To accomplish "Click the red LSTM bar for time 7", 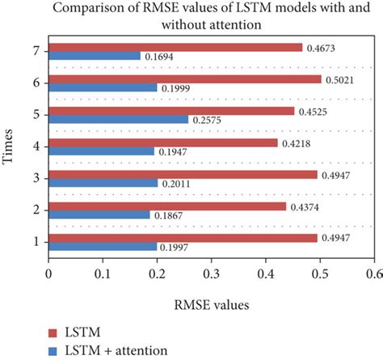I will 175,48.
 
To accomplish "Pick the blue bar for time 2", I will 99,214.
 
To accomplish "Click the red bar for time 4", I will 163,142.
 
